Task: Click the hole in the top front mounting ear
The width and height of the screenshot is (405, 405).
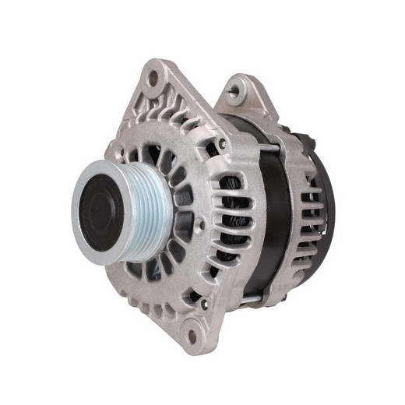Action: [x=153, y=77]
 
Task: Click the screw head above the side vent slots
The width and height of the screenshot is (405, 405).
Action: [x=223, y=143]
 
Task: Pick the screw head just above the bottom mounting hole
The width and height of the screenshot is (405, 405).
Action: [x=204, y=305]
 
